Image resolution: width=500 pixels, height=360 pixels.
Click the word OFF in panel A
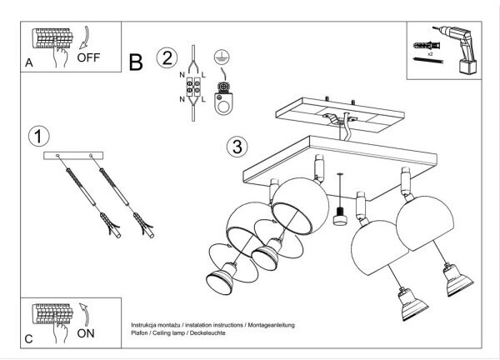pos(88,57)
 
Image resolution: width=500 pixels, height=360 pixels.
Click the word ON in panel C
pos(86,333)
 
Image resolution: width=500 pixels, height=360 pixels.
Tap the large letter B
pos(136,62)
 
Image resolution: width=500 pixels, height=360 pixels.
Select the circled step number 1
pos(38,137)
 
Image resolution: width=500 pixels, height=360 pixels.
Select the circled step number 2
pos(167,57)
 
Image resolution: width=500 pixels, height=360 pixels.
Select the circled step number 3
pos(237,147)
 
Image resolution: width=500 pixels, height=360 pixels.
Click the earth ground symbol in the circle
pos(222,57)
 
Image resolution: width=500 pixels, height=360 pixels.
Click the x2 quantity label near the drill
pos(430,54)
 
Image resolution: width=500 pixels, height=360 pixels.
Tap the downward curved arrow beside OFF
pos(84,37)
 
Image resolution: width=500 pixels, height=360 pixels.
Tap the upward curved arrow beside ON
pos(84,315)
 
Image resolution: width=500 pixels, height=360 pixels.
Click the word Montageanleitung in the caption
pos(272,325)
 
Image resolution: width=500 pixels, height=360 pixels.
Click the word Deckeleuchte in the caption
pos(207,332)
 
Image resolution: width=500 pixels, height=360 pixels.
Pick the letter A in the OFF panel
pos(29,62)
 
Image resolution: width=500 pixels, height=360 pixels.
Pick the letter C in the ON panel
pos(28,338)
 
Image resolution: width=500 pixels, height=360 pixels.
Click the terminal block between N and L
pos(193,87)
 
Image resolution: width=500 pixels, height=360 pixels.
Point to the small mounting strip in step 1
pos(73,156)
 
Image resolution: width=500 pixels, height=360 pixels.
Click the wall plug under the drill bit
pos(427,45)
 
